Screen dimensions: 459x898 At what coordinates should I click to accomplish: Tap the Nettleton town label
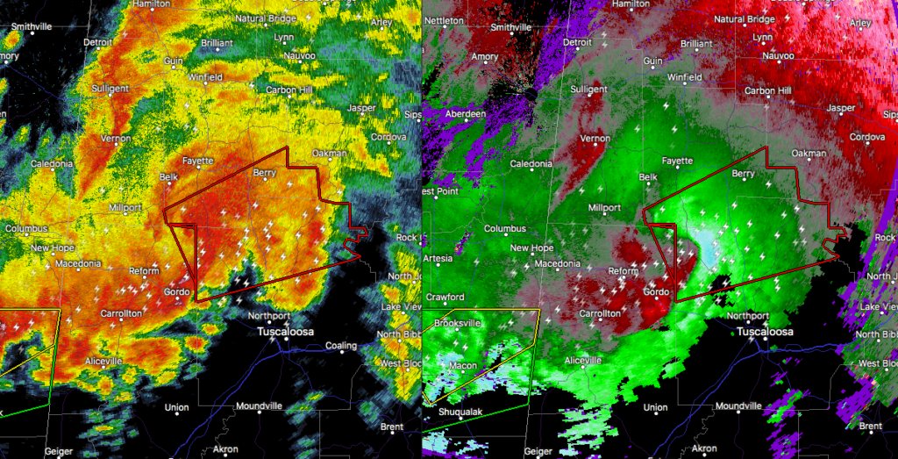(x=445, y=19)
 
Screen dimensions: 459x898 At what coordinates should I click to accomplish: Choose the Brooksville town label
(x=459, y=323)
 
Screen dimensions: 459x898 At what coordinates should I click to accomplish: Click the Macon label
(x=462, y=365)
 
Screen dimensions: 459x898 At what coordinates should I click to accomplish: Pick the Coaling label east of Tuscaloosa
(x=341, y=346)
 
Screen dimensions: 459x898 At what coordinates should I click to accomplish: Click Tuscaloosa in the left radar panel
(x=287, y=332)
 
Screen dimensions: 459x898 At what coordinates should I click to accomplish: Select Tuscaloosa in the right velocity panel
(x=765, y=332)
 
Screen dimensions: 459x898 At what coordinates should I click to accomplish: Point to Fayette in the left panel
(x=197, y=161)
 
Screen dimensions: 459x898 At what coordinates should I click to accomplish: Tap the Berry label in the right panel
(x=743, y=174)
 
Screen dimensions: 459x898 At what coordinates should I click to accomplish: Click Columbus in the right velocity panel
(x=505, y=229)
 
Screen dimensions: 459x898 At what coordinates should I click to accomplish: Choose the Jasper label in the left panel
(x=361, y=108)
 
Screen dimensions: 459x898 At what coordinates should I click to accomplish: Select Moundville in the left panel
(x=260, y=406)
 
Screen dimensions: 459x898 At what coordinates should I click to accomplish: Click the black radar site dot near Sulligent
(x=531, y=92)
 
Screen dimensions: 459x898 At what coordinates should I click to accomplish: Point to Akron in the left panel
(x=225, y=448)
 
